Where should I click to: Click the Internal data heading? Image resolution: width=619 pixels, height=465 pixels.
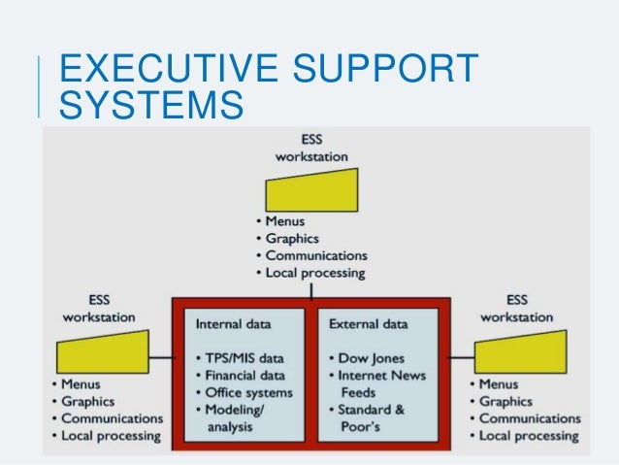coord(234,322)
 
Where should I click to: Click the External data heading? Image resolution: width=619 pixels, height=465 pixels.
coord(369,322)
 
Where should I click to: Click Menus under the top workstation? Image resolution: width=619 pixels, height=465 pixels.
coord(284,220)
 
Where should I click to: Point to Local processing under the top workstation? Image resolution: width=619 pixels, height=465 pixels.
coord(315,273)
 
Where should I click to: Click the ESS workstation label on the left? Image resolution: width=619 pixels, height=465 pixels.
coord(99,309)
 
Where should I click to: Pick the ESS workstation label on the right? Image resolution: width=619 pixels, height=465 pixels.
coord(517,309)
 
